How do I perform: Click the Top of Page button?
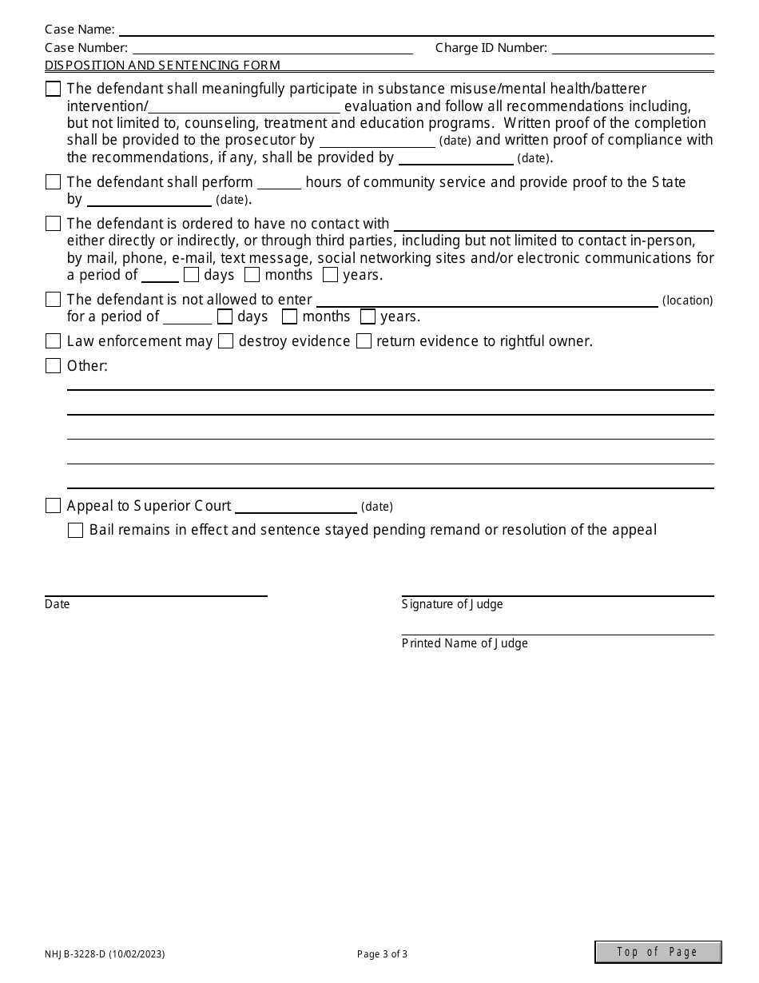(x=658, y=952)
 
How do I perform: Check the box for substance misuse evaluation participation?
(x=53, y=89)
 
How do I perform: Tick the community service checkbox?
(x=53, y=182)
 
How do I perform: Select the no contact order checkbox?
(x=53, y=224)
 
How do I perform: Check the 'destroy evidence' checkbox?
(x=225, y=341)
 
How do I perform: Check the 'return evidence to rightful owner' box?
(x=364, y=341)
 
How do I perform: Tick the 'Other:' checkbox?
(x=53, y=366)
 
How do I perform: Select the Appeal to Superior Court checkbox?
(x=53, y=506)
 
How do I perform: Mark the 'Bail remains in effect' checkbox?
(x=75, y=530)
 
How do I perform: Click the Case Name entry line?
(x=415, y=30)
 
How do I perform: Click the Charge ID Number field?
(x=633, y=48)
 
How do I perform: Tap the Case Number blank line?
(x=272, y=48)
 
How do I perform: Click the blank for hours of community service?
(x=279, y=183)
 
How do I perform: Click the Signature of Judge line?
(x=557, y=590)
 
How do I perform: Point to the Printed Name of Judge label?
(x=464, y=643)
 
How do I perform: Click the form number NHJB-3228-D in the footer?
(x=105, y=953)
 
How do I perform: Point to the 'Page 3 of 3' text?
(x=382, y=953)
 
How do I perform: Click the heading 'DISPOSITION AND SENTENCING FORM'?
(x=162, y=66)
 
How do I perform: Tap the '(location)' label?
(x=687, y=300)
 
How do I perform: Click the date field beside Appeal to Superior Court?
(x=296, y=507)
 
